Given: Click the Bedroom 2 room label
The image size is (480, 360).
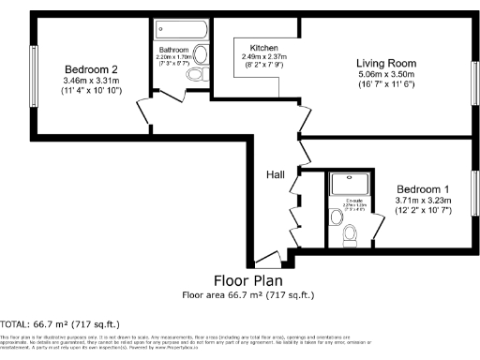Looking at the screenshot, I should point(90,69).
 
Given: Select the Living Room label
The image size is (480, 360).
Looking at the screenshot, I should point(386,63).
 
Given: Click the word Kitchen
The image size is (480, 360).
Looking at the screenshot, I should point(263,48).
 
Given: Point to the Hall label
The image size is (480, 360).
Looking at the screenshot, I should point(276,173).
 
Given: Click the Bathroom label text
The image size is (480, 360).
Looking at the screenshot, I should point(173,49).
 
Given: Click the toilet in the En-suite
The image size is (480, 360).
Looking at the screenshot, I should point(351,234).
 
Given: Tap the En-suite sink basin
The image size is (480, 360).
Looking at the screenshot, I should point(337,217).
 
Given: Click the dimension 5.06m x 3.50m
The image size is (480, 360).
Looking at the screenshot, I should point(386,76).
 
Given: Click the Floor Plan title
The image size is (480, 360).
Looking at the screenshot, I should point(247,280).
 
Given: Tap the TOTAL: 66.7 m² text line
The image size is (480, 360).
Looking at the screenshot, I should point(52,322).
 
